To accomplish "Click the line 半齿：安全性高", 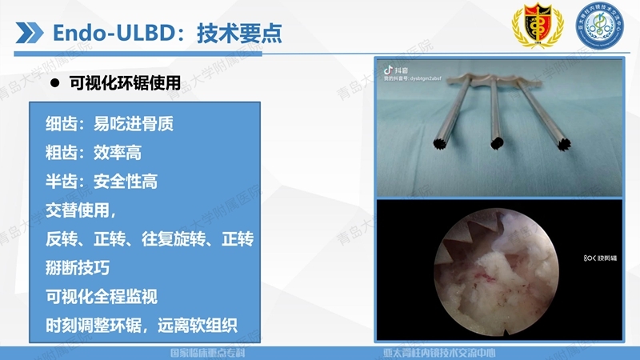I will [102, 182].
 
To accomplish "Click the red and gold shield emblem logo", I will [532, 29].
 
